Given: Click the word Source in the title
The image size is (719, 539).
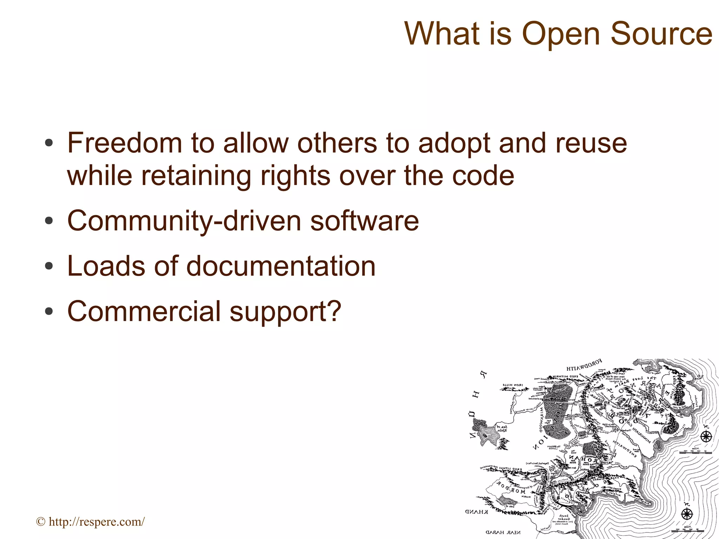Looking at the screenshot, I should [661, 34].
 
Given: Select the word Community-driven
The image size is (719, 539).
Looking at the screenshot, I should [184, 221].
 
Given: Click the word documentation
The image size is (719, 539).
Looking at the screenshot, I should [281, 266].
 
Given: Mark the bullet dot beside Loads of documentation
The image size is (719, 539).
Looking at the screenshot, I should [49, 266].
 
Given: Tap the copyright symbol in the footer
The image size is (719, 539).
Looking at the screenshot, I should [41, 522].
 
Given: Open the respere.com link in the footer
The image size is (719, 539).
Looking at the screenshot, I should [97, 522].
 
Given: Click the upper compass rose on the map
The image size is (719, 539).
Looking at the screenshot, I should [706, 437].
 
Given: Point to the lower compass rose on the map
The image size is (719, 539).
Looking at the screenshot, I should [687, 514].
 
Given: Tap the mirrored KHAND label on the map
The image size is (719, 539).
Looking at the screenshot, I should [476, 512].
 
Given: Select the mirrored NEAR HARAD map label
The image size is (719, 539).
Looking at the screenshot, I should [503, 532].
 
